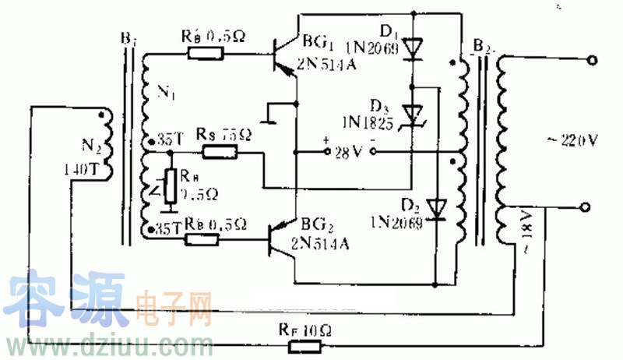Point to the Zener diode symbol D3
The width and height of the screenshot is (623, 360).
click(x=412, y=113)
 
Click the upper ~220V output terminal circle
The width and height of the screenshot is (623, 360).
click(x=594, y=60)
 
